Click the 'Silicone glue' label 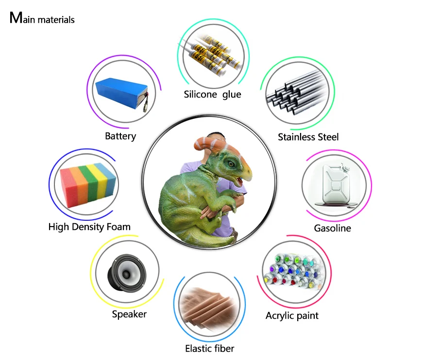212,94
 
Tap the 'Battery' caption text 120,136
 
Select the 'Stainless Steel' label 308,137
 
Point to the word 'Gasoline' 332,228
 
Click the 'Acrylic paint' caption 292,316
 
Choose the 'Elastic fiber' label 209,348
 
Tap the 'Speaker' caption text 129,314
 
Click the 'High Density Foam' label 89,227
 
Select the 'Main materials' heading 42,19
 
